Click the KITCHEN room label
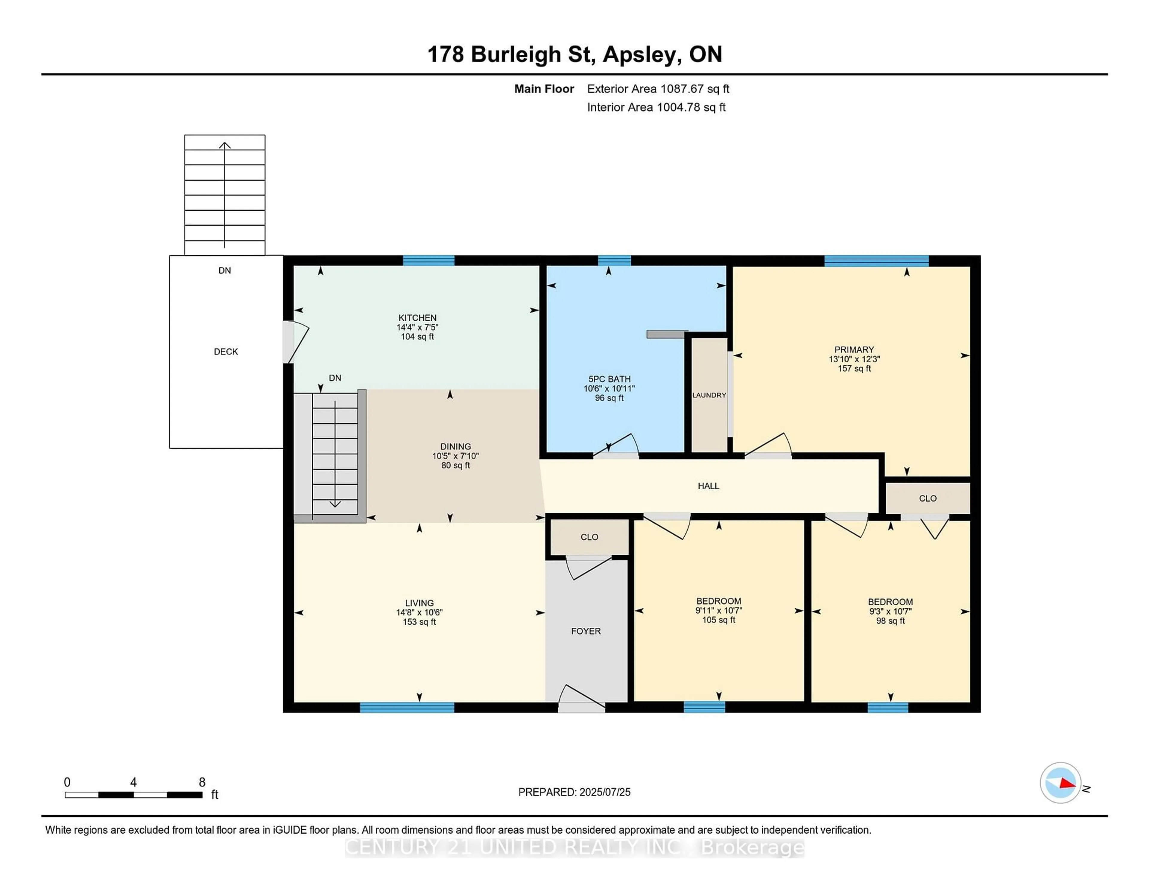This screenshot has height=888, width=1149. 417,318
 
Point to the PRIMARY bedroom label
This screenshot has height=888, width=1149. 854,350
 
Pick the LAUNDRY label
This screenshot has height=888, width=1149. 709,395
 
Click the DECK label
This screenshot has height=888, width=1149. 226,352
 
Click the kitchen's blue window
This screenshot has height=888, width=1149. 429,260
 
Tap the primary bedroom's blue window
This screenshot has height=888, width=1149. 876,260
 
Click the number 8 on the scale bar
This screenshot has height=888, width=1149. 202,782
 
